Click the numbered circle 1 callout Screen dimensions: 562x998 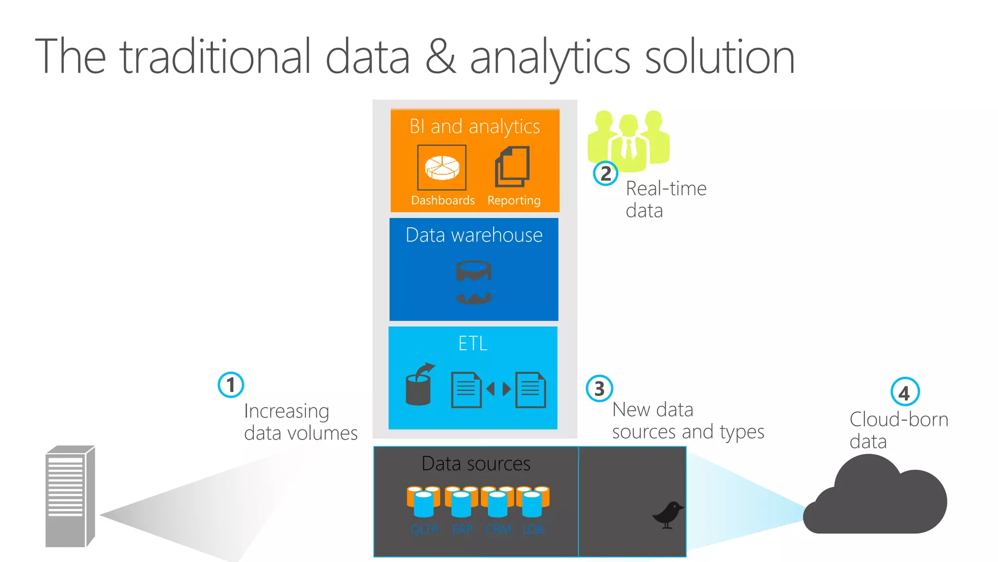click(x=230, y=385)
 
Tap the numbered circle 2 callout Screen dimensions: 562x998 click(x=605, y=173)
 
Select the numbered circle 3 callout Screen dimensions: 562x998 click(x=599, y=388)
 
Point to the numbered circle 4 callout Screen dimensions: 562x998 click(x=904, y=392)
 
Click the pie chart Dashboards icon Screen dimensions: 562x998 click(x=442, y=168)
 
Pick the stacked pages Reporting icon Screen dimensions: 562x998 click(x=513, y=167)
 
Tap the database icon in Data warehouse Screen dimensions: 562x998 click(x=474, y=282)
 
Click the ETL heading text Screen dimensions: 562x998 click(x=473, y=343)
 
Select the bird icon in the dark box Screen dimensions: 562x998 click(x=668, y=514)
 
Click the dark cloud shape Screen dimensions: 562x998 click(x=875, y=500)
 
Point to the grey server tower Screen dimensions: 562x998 click(x=70, y=496)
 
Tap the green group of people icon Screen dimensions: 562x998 click(x=629, y=140)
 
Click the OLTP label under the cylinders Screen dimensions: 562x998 click(x=424, y=529)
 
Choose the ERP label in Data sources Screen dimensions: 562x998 click(x=462, y=529)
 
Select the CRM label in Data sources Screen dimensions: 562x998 click(x=498, y=529)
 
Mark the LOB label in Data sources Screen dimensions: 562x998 click(x=533, y=529)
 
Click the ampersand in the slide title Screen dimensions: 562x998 click(x=440, y=58)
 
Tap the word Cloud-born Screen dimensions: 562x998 click(x=899, y=420)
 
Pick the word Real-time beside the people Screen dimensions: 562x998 click(x=666, y=189)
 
